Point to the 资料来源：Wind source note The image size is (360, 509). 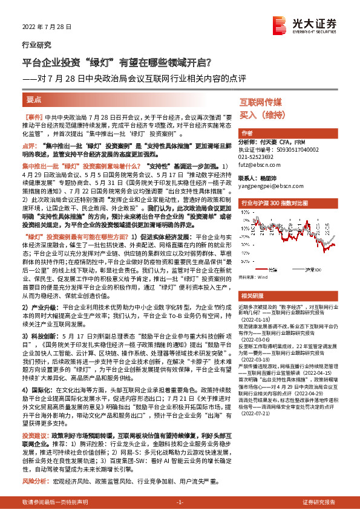click(x=255, y=260)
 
